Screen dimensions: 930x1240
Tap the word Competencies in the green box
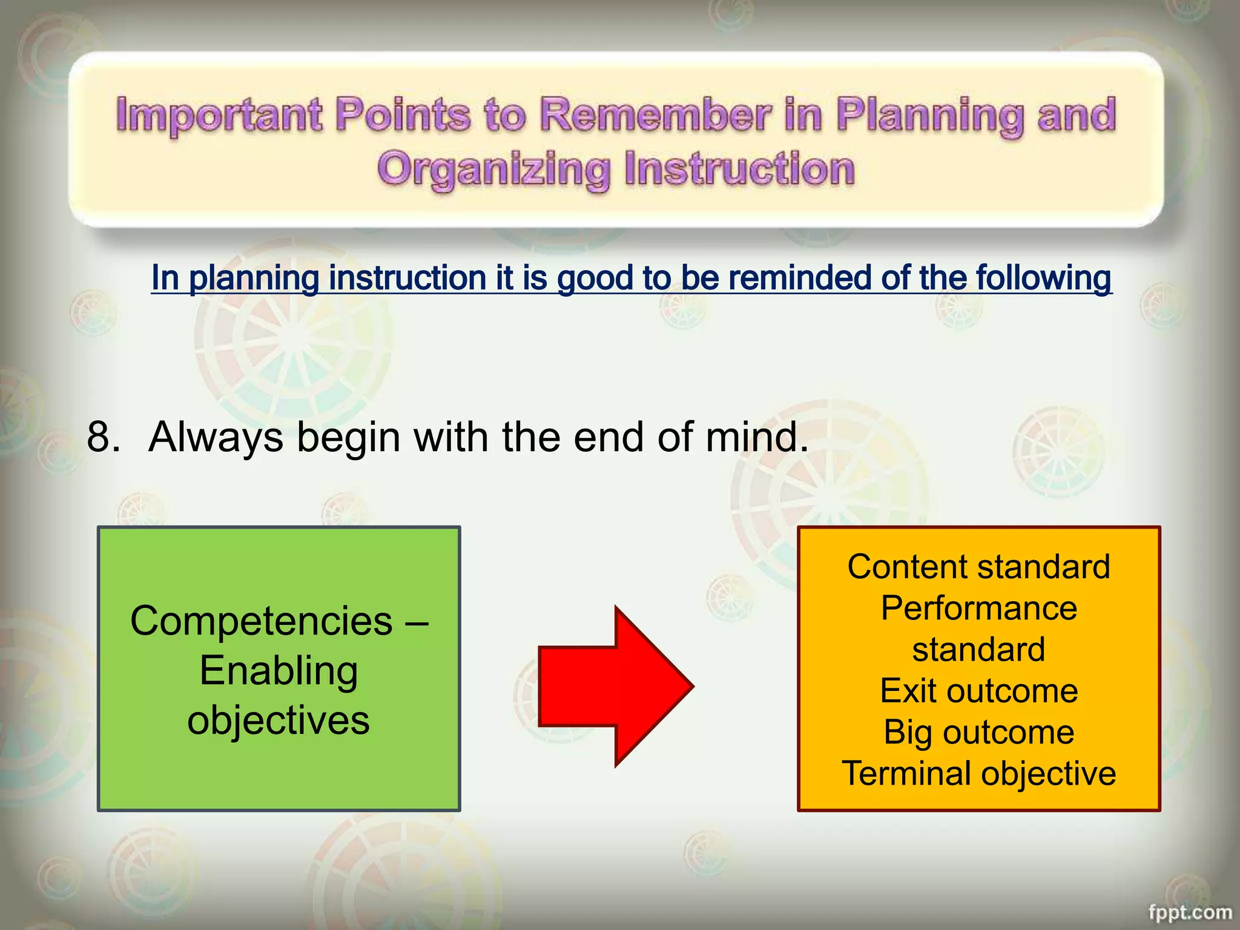pos(261,621)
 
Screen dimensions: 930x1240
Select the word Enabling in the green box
pos(279,671)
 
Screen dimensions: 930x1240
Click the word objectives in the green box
pos(279,721)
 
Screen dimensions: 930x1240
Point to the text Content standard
pos(978,567)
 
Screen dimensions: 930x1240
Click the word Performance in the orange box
pos(978,608)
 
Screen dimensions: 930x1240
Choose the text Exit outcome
pos(978,691)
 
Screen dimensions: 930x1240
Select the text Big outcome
pos(978,732)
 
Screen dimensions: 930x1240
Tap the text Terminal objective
pos(978,774)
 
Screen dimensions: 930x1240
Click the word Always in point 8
pos(216,437)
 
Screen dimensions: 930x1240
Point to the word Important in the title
pos(219,115)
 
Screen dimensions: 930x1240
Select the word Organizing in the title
pos(493,169)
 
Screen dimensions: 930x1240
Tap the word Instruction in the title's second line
pos(739,169)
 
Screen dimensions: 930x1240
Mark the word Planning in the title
pos(929,115)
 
